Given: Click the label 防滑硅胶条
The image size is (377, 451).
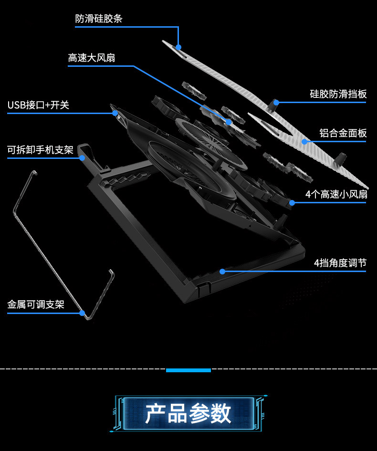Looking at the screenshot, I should (99, 19).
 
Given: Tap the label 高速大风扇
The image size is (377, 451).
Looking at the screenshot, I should (92, 58).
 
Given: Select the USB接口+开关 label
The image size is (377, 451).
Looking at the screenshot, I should (38, 105).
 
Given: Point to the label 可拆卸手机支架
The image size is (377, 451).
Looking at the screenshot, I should (40, 150).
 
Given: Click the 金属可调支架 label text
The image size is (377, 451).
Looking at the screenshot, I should (36, 304).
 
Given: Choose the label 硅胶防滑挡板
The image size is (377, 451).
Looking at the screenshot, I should (338, 94).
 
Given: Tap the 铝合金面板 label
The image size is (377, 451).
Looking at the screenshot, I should (343, 133).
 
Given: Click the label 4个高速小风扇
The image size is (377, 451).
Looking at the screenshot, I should (336, 194).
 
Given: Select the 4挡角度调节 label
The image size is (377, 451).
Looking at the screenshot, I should (340, 263).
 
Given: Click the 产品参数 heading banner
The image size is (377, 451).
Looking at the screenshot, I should (188, 413).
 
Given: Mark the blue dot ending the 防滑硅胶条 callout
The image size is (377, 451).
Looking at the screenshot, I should (178, 47).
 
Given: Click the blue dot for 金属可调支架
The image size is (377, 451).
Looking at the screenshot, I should (82, 313).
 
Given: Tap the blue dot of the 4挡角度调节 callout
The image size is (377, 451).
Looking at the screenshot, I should (222, 271).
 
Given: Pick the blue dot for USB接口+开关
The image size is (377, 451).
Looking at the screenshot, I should (115, 113).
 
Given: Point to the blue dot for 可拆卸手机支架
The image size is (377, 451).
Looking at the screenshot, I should (82, 157).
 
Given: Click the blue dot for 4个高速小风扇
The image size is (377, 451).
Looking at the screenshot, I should (292, 202).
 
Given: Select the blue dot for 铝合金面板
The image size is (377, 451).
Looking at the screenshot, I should (304, 141).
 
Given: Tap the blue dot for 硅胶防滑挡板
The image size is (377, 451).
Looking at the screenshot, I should (276, 102).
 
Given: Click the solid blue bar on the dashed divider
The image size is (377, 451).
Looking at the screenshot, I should (188, 370).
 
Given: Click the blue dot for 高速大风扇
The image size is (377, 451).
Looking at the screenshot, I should (229, 122).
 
